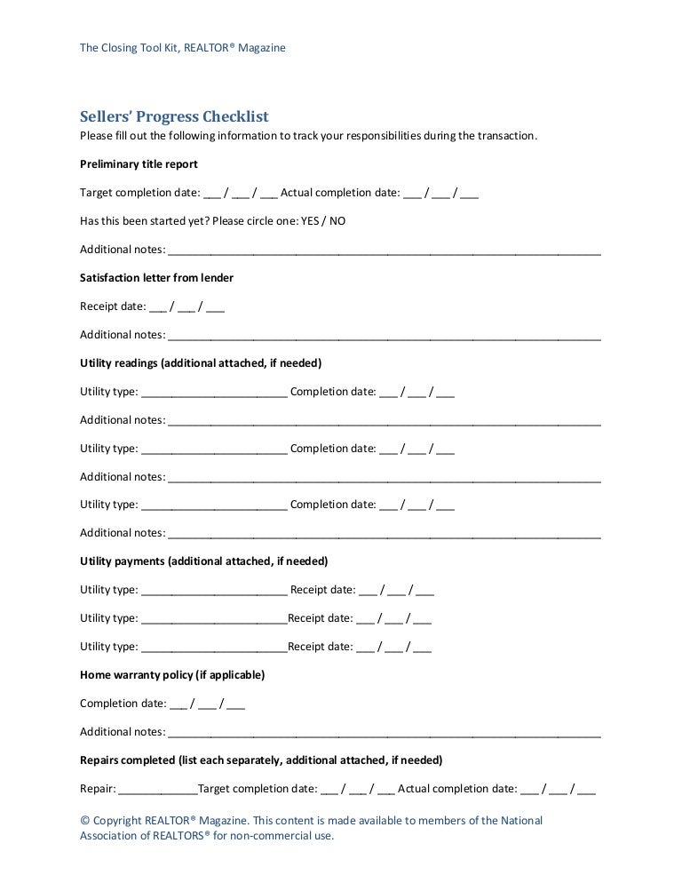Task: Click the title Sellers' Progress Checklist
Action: (x=174, y=117)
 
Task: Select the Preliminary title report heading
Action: (x=139, y=164)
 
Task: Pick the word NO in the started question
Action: (x=337, y=221)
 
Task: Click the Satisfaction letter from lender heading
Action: (x=156, y=278)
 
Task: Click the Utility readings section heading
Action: (x=201, y=363)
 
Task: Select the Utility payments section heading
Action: (x=203, y=561)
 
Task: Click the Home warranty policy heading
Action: (x=172, y=675)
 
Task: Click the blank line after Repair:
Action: (x=157, y=789)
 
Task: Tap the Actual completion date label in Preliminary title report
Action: (x=340, y=193)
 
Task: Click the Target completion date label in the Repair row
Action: (x=258, y=789)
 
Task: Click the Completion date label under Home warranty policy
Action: (x=123, y=704)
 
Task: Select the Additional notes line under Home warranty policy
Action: (x=384, y=732)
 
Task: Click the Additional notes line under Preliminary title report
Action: (x=384, y=250)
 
